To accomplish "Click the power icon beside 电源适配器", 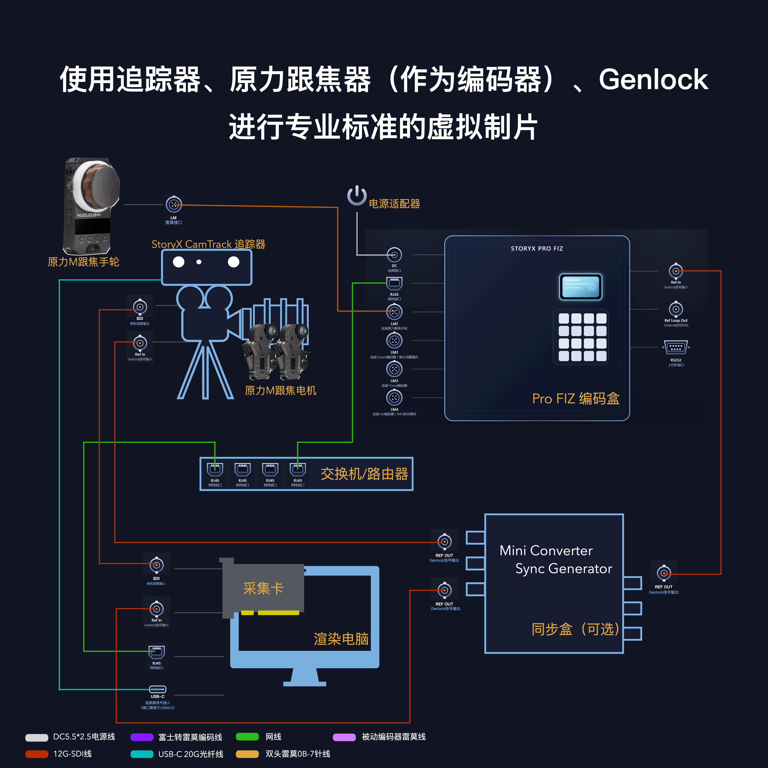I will coord(357,196).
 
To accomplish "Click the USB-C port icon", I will coord(157,689).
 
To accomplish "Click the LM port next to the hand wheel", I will coord(174,205).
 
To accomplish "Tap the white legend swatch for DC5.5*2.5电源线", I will coord(37,737).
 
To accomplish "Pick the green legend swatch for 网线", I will coord(247,737).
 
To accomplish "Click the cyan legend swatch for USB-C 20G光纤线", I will coord(142,754).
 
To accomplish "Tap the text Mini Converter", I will coord(546,551).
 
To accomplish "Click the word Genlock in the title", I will coord(653,80).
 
